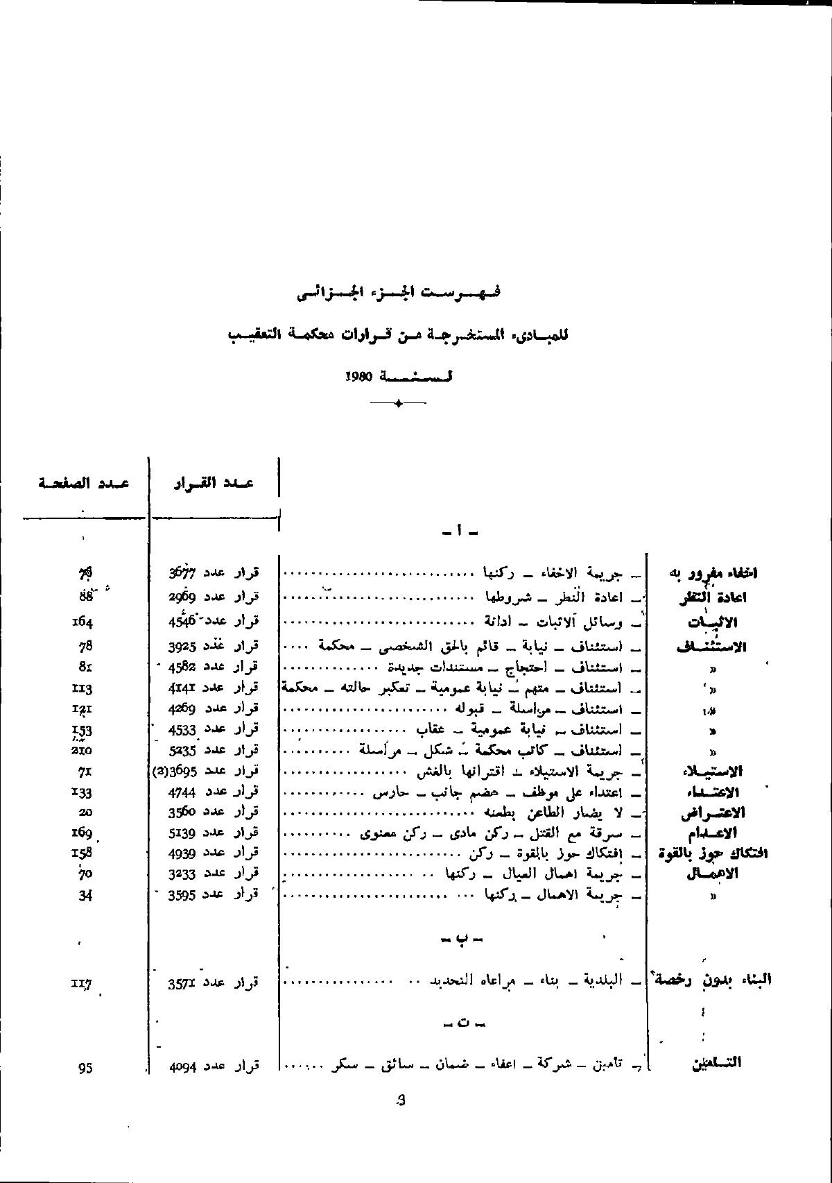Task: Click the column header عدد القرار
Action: [214, 482]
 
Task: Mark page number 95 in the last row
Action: [85, 1087]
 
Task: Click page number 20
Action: [86, 812]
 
